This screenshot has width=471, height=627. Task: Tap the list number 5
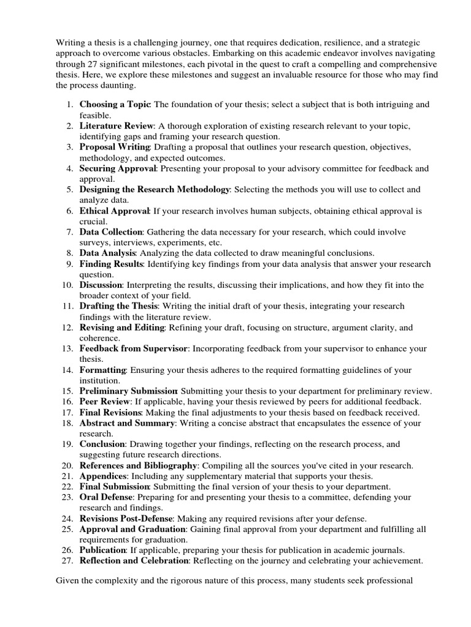click(x=71, y=190)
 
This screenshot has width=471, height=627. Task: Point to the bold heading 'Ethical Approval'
click(x=115, y=211)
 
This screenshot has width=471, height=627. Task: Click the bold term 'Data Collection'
click(x=111, y=232)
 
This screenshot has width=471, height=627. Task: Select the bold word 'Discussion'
click(x=101, y=285)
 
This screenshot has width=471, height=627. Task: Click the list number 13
click(x=68, y=348)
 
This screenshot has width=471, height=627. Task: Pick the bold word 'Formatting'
click(x=102, y=370)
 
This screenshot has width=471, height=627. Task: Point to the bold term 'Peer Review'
click(x=105, y=402)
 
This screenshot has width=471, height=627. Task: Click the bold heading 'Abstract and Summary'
click(x=128, y=423)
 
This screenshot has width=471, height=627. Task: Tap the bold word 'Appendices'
click(x=103, y=476)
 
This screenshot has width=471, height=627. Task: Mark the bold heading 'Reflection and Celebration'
click(x=134, y=560)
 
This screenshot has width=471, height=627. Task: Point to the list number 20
click(x=68, y=465)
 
